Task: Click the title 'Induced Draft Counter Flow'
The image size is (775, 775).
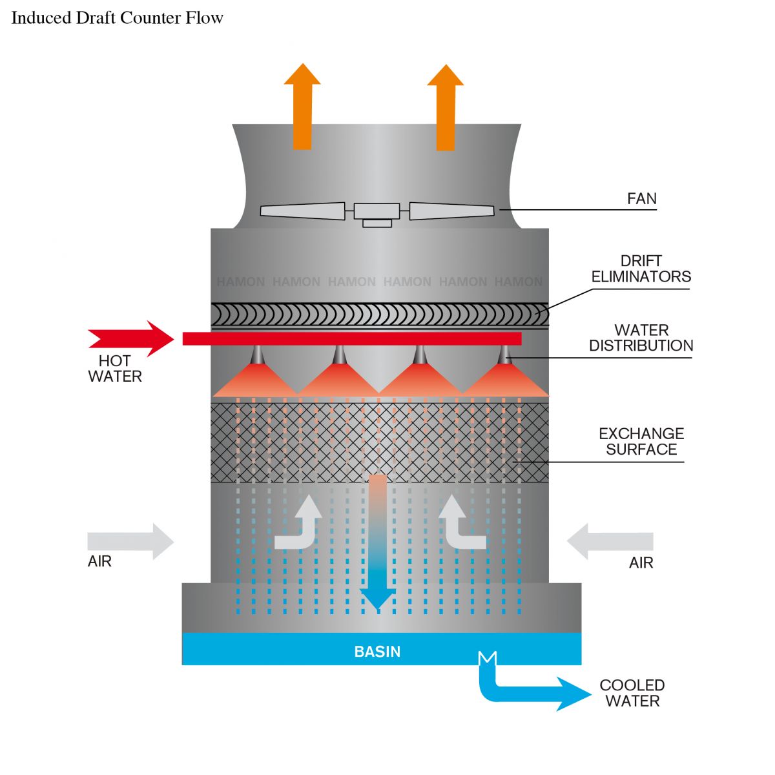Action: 117,18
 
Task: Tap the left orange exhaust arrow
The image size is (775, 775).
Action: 302,107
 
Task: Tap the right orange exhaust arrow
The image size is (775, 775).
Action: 446,107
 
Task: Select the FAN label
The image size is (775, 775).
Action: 641,199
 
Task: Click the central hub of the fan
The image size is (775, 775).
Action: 377,211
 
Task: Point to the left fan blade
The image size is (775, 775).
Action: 302,211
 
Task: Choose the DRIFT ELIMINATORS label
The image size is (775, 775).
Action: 641,269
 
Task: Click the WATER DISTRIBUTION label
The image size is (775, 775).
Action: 641,338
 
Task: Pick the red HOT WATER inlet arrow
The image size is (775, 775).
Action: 131,338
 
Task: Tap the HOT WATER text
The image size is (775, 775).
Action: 115,368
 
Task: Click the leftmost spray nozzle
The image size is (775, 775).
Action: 257,355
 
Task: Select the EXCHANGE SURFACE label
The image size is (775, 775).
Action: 641,441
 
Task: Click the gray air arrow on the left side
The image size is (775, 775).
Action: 130,541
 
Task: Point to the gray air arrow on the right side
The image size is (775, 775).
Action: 610,541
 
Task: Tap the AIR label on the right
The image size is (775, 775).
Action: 641,563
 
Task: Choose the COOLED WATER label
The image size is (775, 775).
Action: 632,693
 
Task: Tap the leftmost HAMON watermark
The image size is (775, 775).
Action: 240,282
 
